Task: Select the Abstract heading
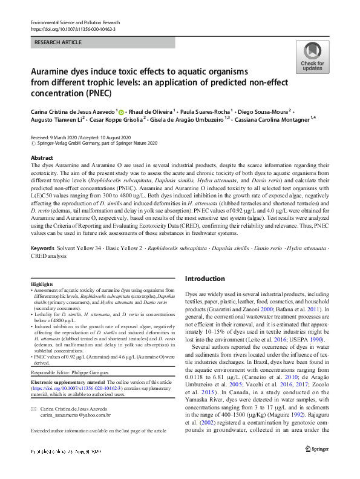point(42,157)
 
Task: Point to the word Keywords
point(42,248)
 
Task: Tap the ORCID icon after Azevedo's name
point(121,111)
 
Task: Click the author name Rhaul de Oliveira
point(151,111)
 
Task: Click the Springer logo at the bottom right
point(317,465)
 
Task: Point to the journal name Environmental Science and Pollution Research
point(79,22)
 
